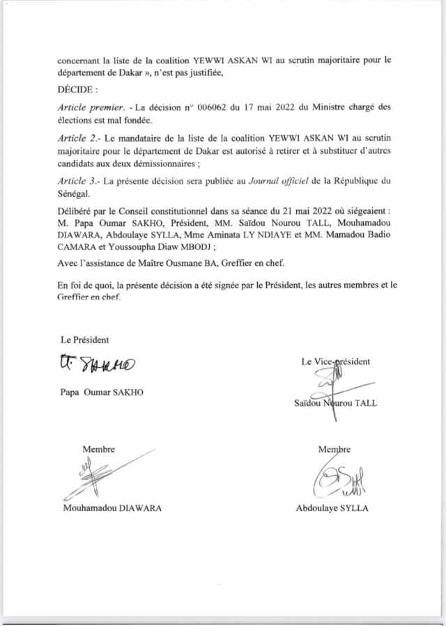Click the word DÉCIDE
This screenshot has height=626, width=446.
77,91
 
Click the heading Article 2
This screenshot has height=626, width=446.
78,139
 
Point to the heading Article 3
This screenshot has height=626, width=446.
77,181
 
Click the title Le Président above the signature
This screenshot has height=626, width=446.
85,340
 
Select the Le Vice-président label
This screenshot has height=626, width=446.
336,361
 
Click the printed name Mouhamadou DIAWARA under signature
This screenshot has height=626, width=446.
111,508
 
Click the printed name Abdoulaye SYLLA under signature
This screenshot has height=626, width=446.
332,508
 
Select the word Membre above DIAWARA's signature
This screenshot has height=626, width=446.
99,449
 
